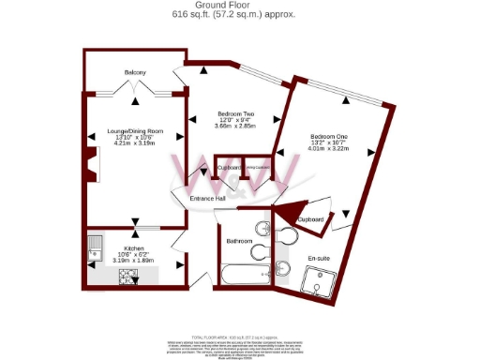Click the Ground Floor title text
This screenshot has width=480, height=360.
pos(239,6)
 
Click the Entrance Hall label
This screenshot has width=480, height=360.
pos(207,199)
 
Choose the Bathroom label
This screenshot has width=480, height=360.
pos(240,241)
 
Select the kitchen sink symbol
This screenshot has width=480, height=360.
pos(94,247)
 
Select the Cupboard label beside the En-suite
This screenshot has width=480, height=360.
pos(311,219)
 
